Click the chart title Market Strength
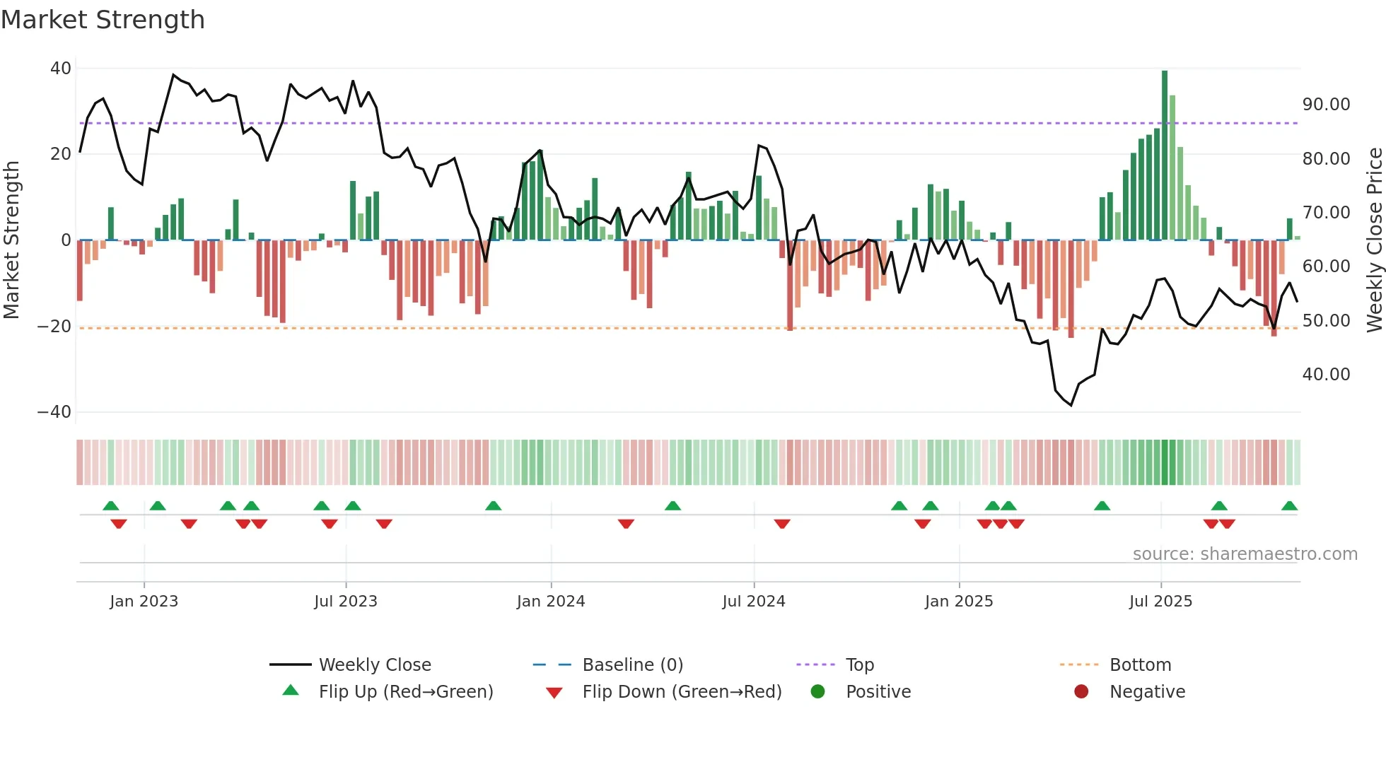tap(103, 20)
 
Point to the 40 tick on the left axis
tap(61, 69)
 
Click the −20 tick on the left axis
tap(54, 327)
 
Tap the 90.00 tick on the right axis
tap(1326, 105)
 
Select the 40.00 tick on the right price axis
tap(1326, 375)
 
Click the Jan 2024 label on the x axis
tap(551, 602)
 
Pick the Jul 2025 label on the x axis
tap(1160, 602)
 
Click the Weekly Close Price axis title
tap(1374, 240)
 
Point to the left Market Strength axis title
tap(12, 240)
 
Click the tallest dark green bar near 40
tap(1165, 156)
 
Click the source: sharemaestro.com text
tap(1245, 554)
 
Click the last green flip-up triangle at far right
tap(1289, 506)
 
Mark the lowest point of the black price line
tap(1071, 405)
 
